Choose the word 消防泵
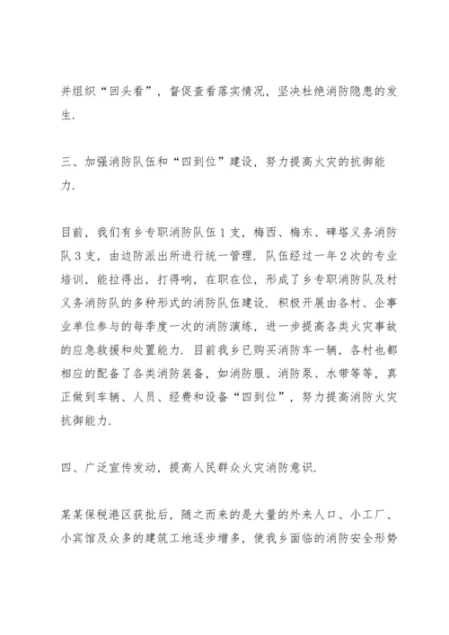pos(292,370)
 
